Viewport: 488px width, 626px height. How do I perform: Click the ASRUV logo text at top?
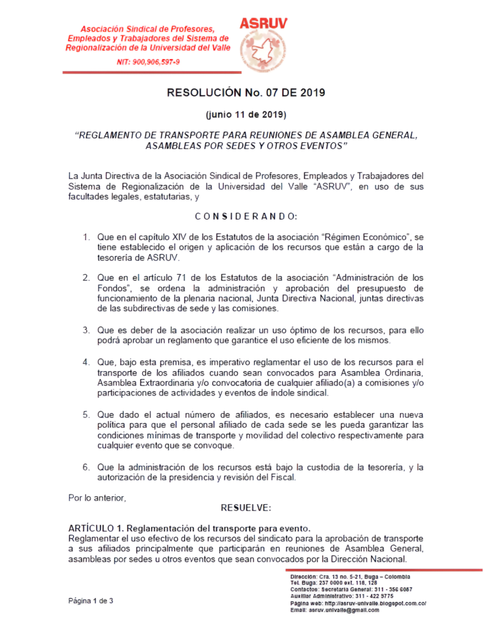[x=263, y=24]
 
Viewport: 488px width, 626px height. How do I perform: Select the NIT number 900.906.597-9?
[x=152, y=61]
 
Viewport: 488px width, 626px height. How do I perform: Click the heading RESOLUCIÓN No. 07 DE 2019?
[x=246, y=93]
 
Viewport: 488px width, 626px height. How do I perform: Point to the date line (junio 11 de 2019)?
[x=246, y=115]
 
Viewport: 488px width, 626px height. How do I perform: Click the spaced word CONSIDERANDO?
[x=245, y=216]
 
